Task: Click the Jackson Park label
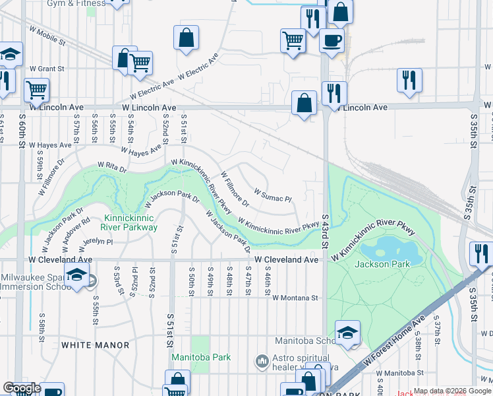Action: [382, 264]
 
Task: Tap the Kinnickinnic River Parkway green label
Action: [130, 222]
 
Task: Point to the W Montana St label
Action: [295, 298]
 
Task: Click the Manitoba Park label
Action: [201, 357]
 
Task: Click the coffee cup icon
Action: [332, 40]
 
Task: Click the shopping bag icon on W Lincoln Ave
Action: [303, 103]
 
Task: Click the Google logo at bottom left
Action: [22, 388]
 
